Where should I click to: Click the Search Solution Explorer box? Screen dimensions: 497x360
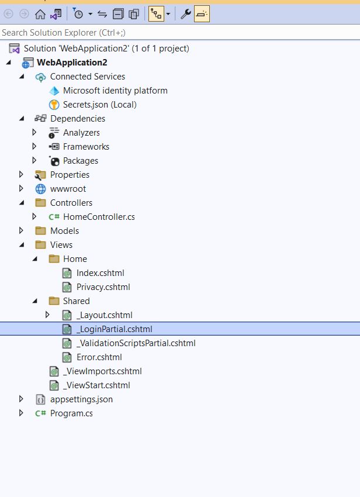(x=175, y=33)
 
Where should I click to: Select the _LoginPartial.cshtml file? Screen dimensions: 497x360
(x=114, y=329)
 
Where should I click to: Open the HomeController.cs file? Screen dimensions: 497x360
(x=99, y=217)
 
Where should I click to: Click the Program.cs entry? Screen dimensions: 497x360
(x=71, y=413)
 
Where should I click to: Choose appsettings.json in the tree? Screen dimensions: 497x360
(x=81, y=399)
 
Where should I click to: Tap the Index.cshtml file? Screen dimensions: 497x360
(x=100, y=273)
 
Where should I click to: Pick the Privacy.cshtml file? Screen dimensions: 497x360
(x=103, y=287)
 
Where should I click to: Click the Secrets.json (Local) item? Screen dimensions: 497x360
(x=99, y=105)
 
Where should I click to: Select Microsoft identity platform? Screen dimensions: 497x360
(x=115, y=91)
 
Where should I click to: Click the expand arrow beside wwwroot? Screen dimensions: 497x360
(x=22, y=189)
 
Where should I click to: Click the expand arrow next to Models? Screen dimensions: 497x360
(x=22, y=231)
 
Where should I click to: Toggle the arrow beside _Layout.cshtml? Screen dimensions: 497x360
(x=48, y=315)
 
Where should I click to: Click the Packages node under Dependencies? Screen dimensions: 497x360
(x=80, y=161)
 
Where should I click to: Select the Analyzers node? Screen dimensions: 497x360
(x=81, y=133)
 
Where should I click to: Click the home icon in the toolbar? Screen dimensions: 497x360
(x=40, y=14)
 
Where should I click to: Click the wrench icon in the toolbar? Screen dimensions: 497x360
(x=185, y=14)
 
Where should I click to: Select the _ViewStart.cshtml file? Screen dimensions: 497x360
(x=97, y=385)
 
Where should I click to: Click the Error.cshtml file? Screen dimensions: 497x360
(x=99, y=357)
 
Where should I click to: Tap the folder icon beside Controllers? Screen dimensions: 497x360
(x=40, y=203)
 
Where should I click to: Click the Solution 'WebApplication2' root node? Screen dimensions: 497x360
(x=106, y=49)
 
